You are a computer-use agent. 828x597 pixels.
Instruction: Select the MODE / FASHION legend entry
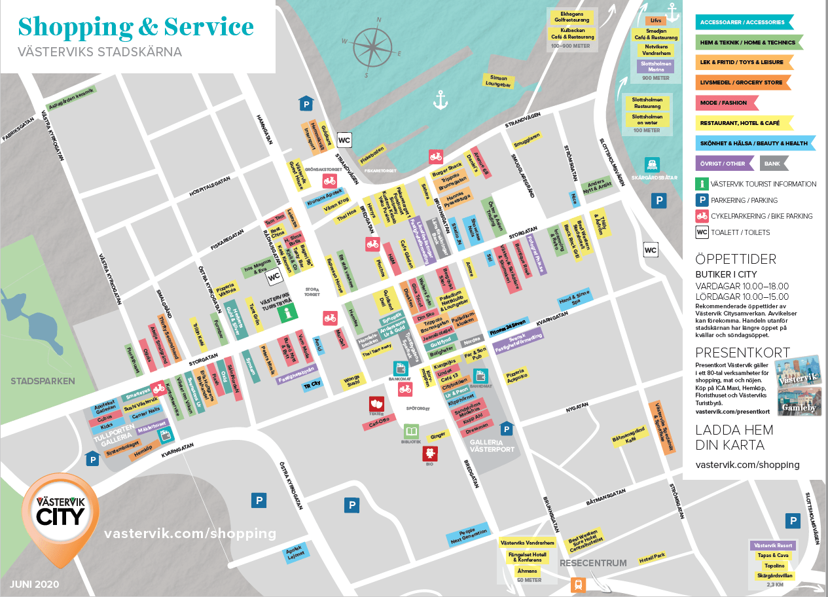point(725,103)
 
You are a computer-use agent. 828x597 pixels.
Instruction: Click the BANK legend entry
point(773,163)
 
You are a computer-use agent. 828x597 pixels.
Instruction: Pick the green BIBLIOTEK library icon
point(411,433)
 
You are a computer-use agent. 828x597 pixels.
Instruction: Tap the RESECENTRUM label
point(593,563)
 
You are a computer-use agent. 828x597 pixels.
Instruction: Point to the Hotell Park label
point(651,556)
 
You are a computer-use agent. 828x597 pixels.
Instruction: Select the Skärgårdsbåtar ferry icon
point(652,164)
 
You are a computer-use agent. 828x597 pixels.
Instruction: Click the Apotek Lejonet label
point(296,552)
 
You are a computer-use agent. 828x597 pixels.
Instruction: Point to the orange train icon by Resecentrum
point(578,585)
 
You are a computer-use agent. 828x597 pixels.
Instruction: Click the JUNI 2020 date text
point(35,583)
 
